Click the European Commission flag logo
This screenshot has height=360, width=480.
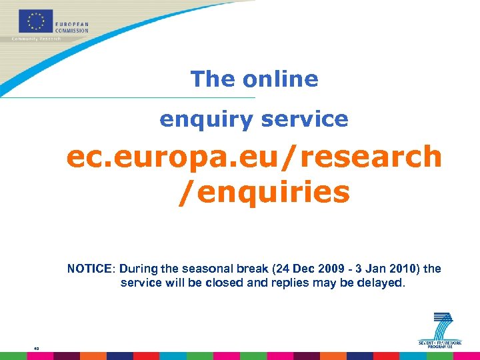click(36, 21)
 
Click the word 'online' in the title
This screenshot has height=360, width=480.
click(280, 79)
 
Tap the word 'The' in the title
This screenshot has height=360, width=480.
click(213, 79)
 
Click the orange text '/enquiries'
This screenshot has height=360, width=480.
click(263, 192)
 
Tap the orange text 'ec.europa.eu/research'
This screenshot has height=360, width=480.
click(254, 157)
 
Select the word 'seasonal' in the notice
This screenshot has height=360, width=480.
click(200, 269)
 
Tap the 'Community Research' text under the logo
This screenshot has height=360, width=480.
click(36, 39)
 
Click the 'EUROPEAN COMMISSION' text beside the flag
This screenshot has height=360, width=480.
click(72, 27)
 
